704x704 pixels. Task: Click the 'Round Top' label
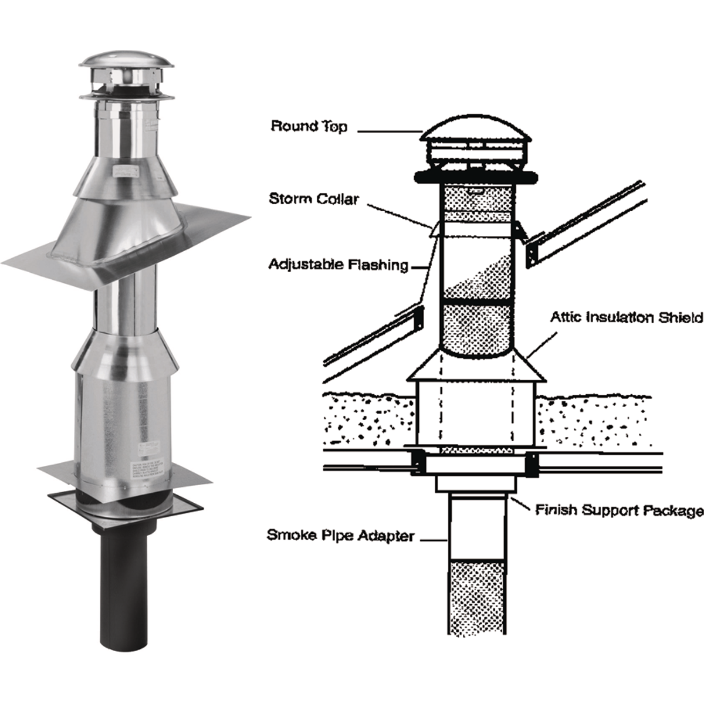tap(309, 126)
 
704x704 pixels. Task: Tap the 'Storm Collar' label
tap(313, 199)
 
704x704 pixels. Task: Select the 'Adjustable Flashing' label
tap(339, 265)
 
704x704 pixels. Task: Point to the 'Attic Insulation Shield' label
tap(626, 317)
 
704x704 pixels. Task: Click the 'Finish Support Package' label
tap(619, 510)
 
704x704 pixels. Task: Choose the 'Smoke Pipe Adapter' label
tap(340, 535)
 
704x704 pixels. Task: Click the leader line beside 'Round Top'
tap(388, 131)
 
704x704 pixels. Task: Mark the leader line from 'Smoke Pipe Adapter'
tap(434, 539)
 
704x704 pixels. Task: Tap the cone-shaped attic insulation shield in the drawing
tap(476, 367)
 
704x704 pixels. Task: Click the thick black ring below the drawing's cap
tap(475, 175)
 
